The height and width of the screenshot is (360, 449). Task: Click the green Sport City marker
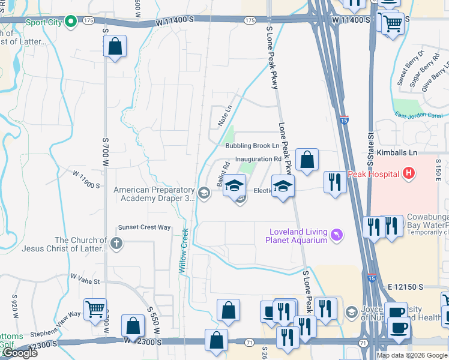point(70,22)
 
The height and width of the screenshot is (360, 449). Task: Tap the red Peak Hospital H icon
point(409,174)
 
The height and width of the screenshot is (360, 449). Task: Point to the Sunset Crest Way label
point(144,227)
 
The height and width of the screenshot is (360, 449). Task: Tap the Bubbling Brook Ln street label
point(252,146)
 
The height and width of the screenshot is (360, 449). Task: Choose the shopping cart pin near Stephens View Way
point(95,310)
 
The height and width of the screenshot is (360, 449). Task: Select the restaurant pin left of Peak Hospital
point(334,182)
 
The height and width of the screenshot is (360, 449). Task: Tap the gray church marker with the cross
point(116,244)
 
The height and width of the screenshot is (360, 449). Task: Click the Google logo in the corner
point(19,353)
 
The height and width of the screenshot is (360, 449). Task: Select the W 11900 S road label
point(86,180)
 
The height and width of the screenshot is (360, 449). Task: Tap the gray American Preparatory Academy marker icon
point(204,193)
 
